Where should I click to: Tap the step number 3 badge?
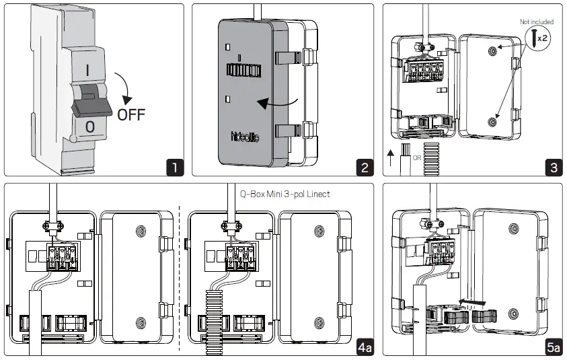pos(553,166)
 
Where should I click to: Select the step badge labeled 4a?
pos(364,347)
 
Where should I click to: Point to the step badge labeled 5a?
pos(553,347)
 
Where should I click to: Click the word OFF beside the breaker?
pos(131,114)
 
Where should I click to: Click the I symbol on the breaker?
pos(87,69)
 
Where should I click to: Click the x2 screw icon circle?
pos(538,38)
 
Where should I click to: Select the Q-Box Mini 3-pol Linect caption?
pos(285,193)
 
